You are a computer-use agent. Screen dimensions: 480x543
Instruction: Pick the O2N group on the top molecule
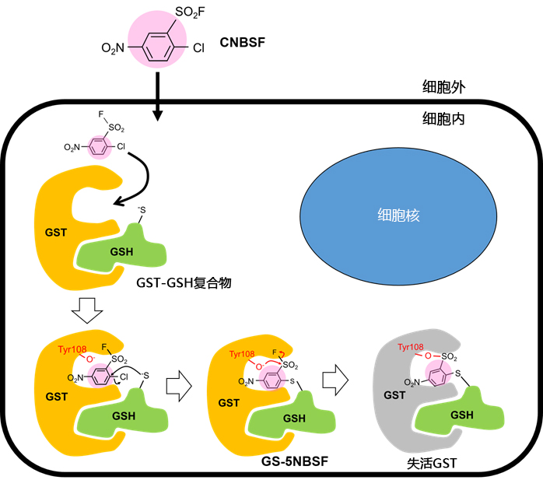[x=114, y=48]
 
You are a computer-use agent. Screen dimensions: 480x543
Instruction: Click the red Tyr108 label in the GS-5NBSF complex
[x=243, y=354]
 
